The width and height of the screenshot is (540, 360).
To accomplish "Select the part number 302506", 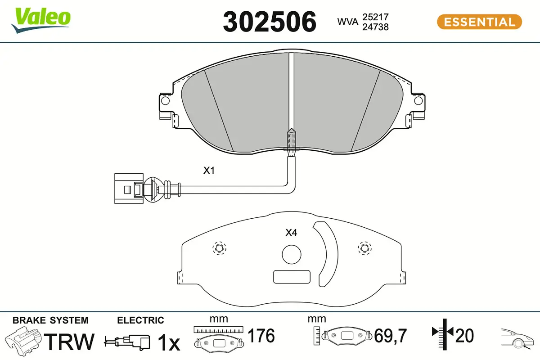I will point(270,22).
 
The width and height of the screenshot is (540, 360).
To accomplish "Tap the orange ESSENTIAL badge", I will point(479,22).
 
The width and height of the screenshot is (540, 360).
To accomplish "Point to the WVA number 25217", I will point(375,17).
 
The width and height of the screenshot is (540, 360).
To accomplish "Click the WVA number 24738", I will point(375,27).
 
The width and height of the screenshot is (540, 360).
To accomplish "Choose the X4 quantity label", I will point(291,233).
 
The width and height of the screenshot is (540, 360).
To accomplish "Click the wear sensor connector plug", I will point(128,188).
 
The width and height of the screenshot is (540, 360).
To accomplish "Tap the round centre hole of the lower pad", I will point(291,254).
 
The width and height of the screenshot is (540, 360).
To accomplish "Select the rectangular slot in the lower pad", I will point(292,277).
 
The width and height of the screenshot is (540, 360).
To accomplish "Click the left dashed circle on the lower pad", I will point(219,248).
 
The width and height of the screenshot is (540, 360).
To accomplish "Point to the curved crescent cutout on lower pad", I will point(327,254).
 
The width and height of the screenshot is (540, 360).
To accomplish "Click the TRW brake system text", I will point(71,342).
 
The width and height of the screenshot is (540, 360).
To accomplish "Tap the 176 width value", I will point(261,336).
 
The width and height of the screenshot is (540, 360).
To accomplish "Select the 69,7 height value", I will point(391,336).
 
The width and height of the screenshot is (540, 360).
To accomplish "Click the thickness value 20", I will point(465,335).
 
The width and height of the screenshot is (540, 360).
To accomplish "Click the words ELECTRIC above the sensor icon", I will point(140,320).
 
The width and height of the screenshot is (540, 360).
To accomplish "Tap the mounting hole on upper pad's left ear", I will point(165,102).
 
